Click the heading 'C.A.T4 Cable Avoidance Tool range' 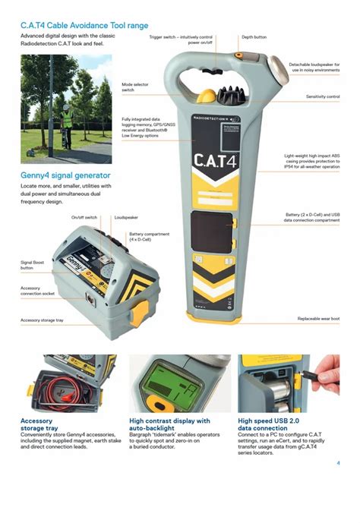pyautogui.click(x=84, y=26)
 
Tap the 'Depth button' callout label pyautogui.click(x=254, y=36)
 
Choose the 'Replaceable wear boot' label pyautogui.click(x=318, y=319)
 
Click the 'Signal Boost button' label pyautogui.click(x=33, y=265)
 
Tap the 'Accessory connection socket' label pyautogui.click(x=39, y=291)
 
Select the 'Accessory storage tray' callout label pyautogui.click(x=42, y=320)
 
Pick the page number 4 pyautogui.click(x=338, y=462)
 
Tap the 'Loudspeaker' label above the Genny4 pyautogui.click(x=125, y=217)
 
